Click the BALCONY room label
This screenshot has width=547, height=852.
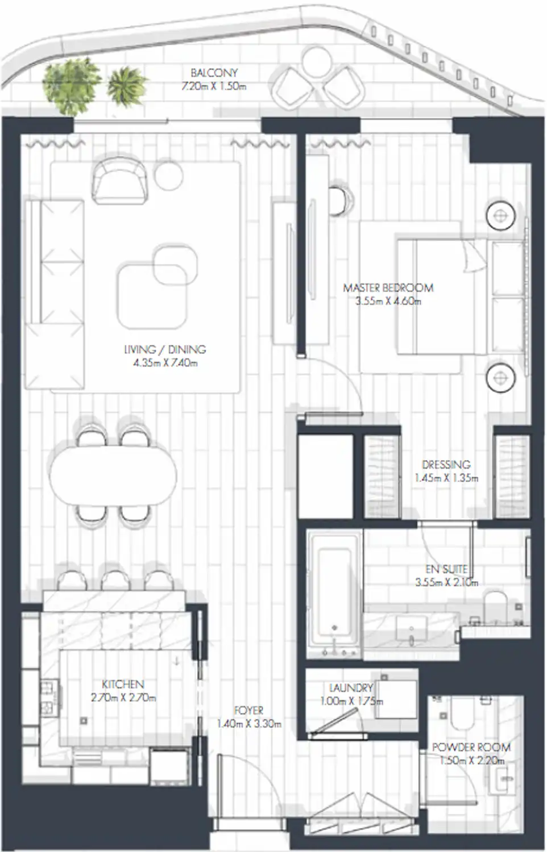(214, 73)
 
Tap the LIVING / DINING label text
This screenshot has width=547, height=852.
(165, 349)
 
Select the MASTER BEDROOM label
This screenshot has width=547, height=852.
(388, 288)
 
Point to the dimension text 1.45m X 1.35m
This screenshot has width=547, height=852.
(446, 478)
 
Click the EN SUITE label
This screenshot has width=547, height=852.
(447, 569)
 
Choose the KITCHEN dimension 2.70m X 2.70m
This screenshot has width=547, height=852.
(123, 698)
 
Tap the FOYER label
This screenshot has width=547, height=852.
(248, 711)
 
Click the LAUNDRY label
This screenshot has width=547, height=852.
(351, 688)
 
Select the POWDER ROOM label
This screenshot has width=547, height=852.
(471, 747)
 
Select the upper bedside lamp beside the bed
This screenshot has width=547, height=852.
(500, 215)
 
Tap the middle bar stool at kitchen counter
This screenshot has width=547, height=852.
(113, 579)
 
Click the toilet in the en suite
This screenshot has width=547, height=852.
(496, 605)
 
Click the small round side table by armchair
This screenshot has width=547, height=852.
(168, 174)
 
